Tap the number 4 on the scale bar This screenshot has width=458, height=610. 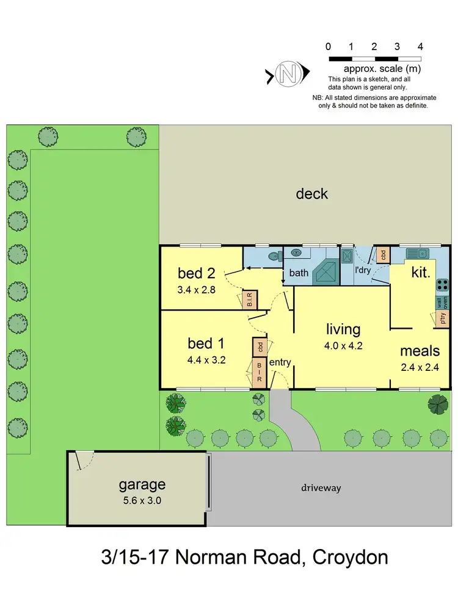point(420,46)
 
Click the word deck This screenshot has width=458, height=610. point(311,194)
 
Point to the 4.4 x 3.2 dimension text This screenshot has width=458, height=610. point(207,360)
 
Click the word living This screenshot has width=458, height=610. point(343,329)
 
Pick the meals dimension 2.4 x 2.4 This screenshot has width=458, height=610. point(420,367)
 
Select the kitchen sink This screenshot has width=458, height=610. point(418,252)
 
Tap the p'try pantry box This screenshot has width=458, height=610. point(444,317)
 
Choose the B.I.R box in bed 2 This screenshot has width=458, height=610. point(250,300)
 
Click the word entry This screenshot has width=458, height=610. point(280,362)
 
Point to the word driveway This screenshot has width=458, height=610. point(321,488)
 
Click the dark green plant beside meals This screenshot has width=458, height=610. point(437,403)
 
